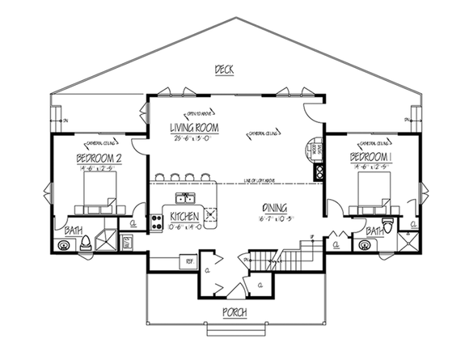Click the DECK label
click(224, 70)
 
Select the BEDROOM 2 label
click(99, 158)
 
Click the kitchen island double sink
click(185, 197)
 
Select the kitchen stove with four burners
click(157, 221)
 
